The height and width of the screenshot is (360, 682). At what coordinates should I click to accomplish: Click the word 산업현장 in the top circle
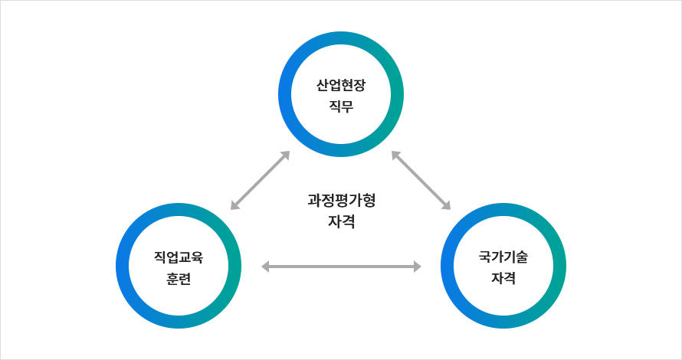340,85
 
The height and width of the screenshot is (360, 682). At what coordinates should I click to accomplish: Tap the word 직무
340,106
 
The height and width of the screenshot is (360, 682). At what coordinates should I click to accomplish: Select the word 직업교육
179,257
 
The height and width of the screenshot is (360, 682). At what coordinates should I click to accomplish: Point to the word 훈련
179,278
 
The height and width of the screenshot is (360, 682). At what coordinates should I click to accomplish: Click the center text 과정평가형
341,201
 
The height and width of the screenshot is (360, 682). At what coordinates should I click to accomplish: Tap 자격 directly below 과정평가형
341,222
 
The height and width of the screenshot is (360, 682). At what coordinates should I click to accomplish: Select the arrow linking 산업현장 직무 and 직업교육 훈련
260,180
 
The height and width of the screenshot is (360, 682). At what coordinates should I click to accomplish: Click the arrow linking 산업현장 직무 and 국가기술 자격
421,180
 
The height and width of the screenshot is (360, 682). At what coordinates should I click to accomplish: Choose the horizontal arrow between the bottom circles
341,267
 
